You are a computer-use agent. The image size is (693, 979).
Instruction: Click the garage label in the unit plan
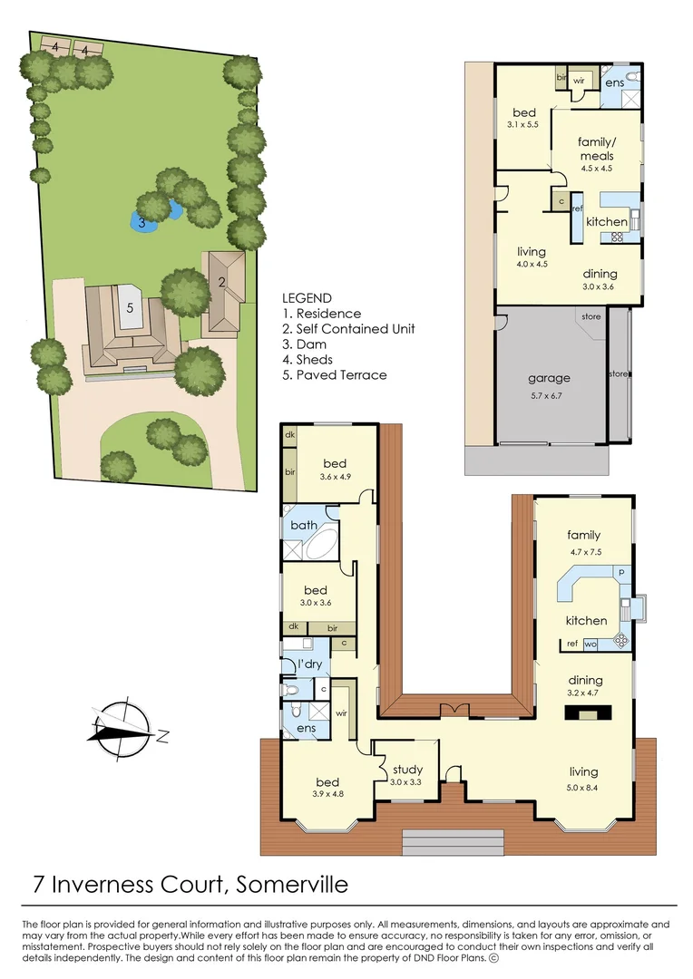point(549,378)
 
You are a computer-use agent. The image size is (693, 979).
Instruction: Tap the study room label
point(407,771)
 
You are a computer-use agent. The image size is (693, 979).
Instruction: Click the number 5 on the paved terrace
point(130,307)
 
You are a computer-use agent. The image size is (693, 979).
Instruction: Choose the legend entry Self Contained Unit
point(348,328)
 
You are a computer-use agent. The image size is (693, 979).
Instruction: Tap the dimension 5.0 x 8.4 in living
point(583,787)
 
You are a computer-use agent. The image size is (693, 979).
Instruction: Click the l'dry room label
point(310,665)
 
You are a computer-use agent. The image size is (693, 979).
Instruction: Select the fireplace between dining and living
point(583,713)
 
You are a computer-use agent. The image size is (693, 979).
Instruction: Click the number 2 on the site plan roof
point(220,281)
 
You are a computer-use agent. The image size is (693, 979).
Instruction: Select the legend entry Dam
point(304,344)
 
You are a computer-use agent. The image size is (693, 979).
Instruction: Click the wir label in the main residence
point(341,713)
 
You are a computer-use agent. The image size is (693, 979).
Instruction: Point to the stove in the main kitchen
point(621,638)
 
